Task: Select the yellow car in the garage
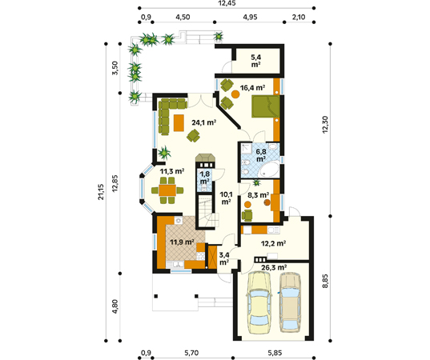(x=259, y=303)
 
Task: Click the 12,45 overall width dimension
(x=227, y=4)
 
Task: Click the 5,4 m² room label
(x=256, y=62)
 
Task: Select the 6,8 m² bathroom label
(x=261, y=154)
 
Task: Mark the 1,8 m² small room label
(x=204, y=178)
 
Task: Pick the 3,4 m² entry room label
(x=225, y=258)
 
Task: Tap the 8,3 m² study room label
(x=258, y=194)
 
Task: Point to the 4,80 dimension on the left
(x=116, y=306)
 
